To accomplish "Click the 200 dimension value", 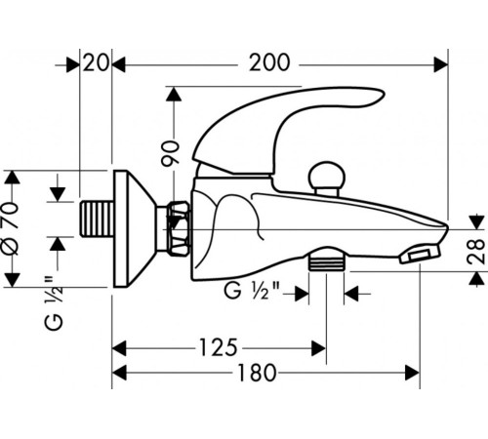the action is (269, 62).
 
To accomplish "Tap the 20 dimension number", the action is (96, 62).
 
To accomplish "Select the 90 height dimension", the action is (171, 153).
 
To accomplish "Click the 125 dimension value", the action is (219, 347).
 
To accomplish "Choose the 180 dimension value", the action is (257, 373).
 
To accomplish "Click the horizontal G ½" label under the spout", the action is (252, 291).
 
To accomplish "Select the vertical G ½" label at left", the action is (54, 303).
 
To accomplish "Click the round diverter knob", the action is (326, 179).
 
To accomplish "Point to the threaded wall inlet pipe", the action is (97, 219).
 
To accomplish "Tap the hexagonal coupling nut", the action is (178, 228).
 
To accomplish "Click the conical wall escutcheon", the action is (135, 228).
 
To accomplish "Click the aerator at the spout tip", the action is (420, 254).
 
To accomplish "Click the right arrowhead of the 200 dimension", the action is (441, 65).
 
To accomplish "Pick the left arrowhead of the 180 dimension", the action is (119, 373).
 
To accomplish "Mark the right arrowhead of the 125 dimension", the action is (319, 348).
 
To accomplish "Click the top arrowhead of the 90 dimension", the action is (174, 94).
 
